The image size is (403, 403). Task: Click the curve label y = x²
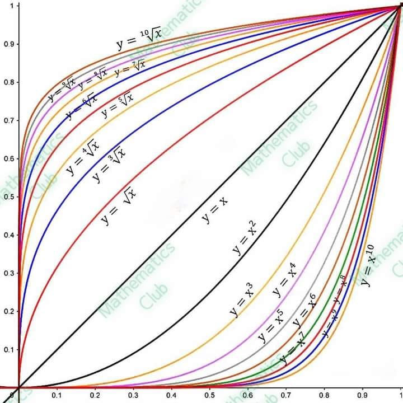(x=245, y=238)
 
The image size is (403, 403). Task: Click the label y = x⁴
(x=284, y=283)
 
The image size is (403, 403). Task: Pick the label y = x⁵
(x=270, y=326)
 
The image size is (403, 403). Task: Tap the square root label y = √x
(x=119, y=205)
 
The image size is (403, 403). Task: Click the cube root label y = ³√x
(x=109, y=163)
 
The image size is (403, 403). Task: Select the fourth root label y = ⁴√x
(x=82, y=156)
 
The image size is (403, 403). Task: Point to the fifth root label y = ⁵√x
(x=118, y=105)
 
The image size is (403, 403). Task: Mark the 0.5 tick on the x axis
(x=209, y=395)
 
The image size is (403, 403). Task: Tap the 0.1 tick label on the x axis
(x=57, y=395)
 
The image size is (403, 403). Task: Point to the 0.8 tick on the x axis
(x=324, y=395)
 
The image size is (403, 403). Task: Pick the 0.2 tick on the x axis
(x=95, y=395)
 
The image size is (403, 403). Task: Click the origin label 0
(x=12, y=395)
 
